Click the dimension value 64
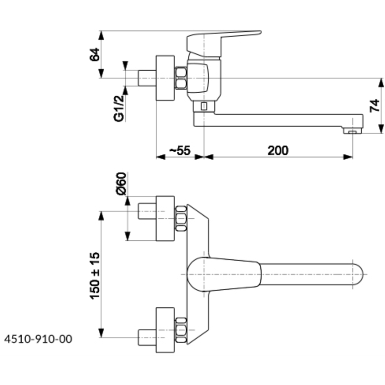pos(94,54)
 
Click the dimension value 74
pos(375,105)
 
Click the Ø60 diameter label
pos(121,184)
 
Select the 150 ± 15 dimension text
pos(95,275)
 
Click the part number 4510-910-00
pos(38,339)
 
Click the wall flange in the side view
pos(165,78)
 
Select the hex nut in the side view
pos(181,78)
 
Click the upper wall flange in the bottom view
pos(165,218)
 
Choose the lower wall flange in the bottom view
pos(165,330)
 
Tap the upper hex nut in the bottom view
pos(181,218)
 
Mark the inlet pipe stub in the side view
pos(146,78)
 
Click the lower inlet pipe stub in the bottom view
pos(146,337)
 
